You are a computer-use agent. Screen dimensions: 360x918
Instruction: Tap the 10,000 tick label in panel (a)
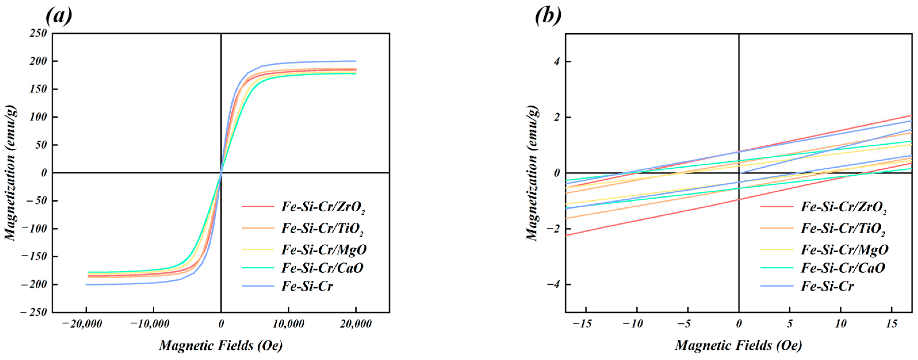[288, 324]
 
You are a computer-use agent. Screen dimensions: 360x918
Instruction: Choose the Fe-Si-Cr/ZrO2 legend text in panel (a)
[323, 207]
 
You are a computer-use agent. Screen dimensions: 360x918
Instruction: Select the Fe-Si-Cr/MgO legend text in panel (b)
[845, 250]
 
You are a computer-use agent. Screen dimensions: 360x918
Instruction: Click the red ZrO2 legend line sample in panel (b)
[777, 207]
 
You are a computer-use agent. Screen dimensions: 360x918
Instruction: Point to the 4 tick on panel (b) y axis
[557, 61]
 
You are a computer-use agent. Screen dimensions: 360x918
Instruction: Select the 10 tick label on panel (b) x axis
[841, 324]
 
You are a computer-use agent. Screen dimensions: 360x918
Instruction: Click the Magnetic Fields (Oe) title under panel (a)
[221, 345]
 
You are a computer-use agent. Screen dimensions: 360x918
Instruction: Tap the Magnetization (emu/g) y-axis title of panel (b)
[532, 173]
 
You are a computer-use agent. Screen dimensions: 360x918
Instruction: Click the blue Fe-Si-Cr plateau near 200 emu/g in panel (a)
[321, 62]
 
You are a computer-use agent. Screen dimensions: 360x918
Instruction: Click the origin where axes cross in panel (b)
[739, 173]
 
